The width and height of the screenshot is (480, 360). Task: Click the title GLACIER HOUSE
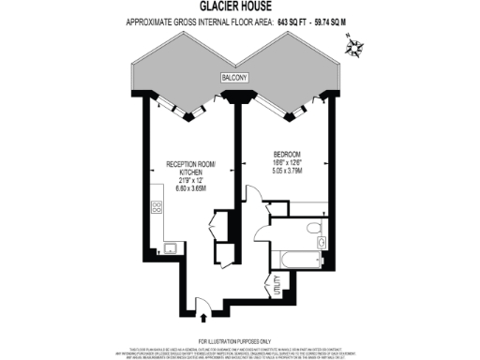pos(239,7)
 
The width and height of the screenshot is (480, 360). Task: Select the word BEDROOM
pos(288,154)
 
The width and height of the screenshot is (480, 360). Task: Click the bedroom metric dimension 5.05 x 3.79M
pos(288,172)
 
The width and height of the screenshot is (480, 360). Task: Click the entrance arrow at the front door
pos(199,303)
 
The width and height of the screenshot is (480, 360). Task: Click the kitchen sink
pos(171,247)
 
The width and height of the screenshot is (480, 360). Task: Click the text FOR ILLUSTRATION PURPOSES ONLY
pos(239,339)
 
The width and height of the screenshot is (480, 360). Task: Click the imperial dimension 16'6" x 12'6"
pos(288,163)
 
